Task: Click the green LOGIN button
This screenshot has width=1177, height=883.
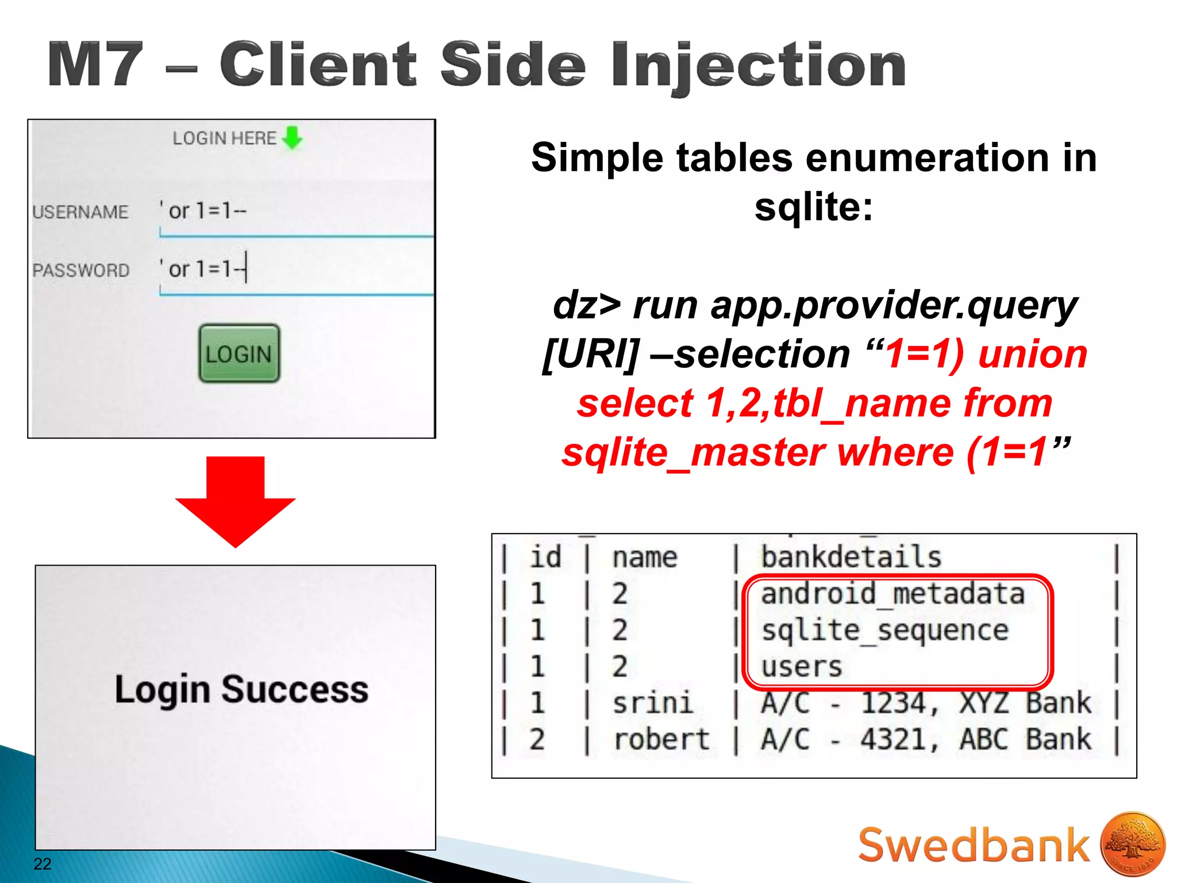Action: click(239, 354)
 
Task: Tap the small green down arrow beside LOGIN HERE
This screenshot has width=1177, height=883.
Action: click(293, 137)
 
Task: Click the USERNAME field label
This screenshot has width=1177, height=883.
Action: click(80, 212)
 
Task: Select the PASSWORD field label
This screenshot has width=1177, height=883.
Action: click(81, 270)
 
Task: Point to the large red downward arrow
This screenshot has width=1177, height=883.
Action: click(235, 500)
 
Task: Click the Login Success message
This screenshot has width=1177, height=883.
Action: click(241, 689)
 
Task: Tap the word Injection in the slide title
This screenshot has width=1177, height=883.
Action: click(759, 66)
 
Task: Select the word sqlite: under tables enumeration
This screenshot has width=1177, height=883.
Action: click(813, 206)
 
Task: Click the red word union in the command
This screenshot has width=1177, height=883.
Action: click(1033, 354)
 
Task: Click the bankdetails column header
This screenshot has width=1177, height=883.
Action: click(851, 557)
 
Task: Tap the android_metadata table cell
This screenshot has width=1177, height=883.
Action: click(893, 594)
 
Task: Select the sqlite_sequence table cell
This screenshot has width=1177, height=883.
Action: click(884, 631)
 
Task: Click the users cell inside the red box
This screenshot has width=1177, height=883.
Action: click(802, 667)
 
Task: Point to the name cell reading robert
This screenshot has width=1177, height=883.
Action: click(661, 740)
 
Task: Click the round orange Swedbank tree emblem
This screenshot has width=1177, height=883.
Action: click(1132, 844)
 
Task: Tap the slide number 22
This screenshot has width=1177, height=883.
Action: click(43, 863)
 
